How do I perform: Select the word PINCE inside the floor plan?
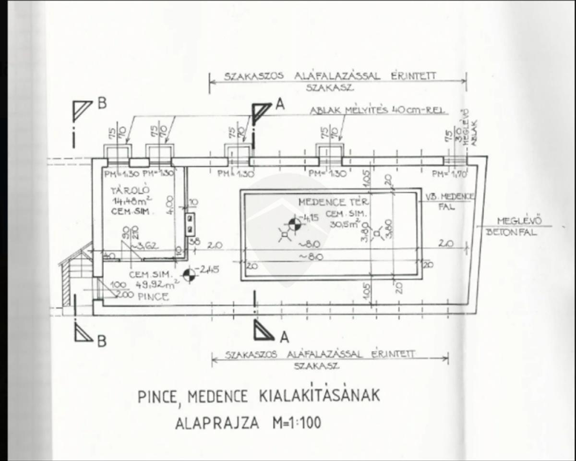pos(153,297)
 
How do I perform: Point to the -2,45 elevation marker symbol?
pos(190,275)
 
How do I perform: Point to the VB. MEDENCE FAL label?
pos(450,200)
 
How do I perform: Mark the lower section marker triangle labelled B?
pos(83,333)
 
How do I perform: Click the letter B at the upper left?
pos(102,103)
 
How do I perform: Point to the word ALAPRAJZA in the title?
pos(217,424)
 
